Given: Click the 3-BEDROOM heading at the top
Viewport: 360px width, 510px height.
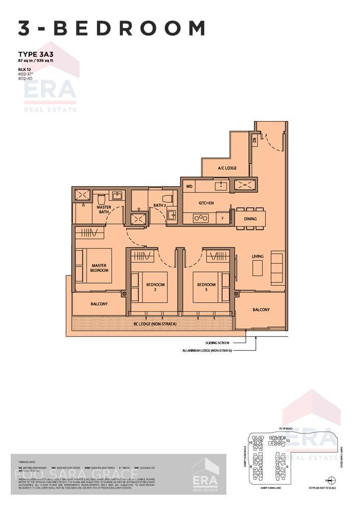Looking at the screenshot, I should point(111,28).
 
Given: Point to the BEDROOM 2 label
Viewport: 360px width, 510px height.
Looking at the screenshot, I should point(156,287).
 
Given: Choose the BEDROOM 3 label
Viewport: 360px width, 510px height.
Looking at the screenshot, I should point(207,287).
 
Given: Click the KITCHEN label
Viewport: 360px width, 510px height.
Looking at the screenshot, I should point(207,203).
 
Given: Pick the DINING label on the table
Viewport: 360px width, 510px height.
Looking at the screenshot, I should point(250,219).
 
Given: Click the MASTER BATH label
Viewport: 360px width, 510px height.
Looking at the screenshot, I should point(104,209).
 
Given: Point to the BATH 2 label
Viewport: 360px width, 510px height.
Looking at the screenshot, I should point(160,206).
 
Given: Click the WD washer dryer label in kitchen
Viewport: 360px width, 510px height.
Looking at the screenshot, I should point(189,187).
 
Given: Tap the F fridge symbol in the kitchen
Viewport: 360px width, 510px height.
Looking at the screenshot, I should point(222,218).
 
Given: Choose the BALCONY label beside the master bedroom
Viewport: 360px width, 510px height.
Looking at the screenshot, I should point(99,304).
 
